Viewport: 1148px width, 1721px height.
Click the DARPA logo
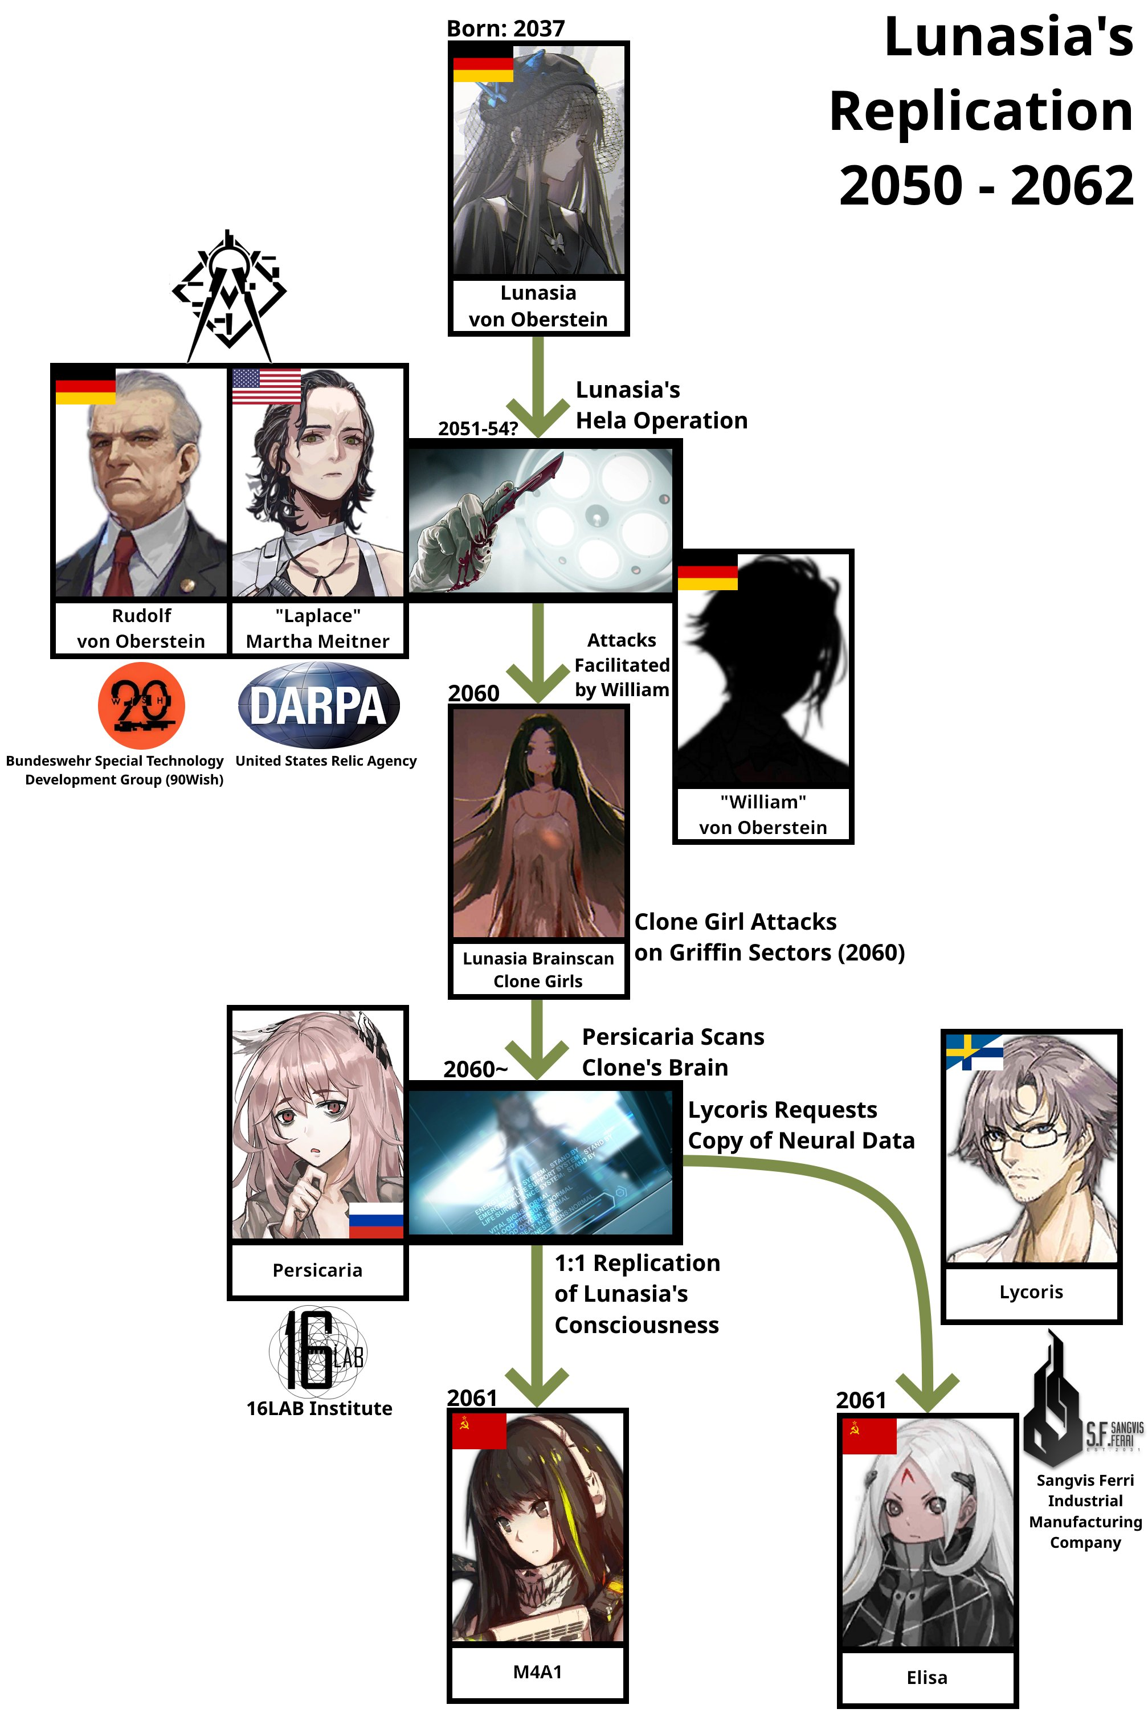[318, 704]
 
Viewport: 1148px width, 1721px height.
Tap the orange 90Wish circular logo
[141, 705]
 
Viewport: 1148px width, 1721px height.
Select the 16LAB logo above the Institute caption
[318, 1349]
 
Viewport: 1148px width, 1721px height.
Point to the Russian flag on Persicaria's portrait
[375, 1220]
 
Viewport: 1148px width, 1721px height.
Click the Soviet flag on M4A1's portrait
[479, 1430]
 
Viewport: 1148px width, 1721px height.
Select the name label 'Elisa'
[927, 1677]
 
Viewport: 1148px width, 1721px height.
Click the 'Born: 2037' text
[505, 28]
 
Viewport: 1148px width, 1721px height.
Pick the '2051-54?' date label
[477, 428]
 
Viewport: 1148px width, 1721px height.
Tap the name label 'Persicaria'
[317, 1270]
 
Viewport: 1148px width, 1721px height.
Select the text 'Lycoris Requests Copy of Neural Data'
[800, 1125]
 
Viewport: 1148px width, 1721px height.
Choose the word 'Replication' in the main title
[981, 111]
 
